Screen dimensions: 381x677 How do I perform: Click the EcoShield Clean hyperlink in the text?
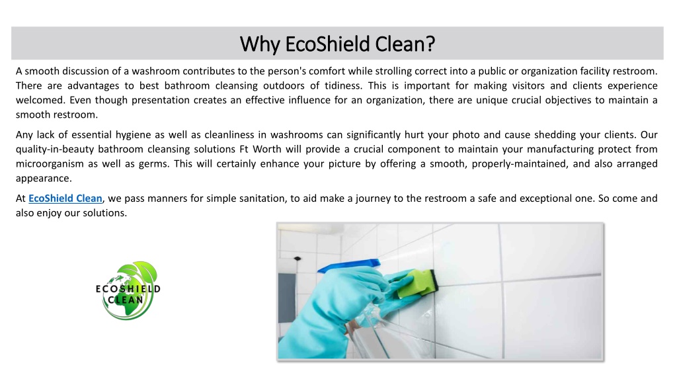65,198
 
